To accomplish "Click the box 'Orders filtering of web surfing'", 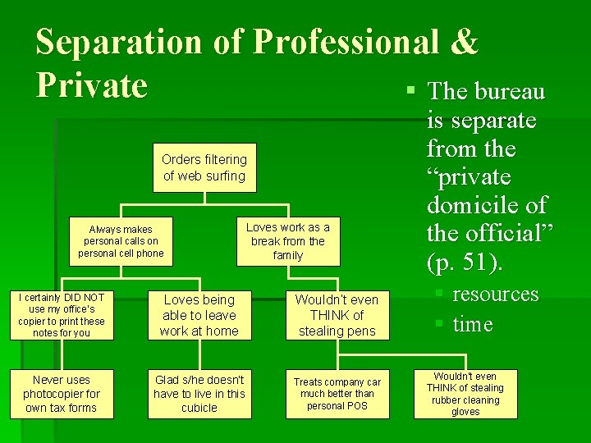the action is pos(204,168).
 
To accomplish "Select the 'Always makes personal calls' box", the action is pos(121,241).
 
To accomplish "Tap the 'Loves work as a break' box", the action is pos(288,241).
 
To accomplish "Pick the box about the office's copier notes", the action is pos(61,315).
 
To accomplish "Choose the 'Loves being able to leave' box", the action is pos(199,315).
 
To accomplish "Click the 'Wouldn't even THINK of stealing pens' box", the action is pos(337,315).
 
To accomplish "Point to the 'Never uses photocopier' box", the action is pos(61,394).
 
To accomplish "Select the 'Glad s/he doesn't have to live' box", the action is pos(199,394).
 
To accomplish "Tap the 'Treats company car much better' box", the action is pos(337,394).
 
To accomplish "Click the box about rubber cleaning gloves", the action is pos(465,394).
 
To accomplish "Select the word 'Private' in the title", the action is pos(92,84).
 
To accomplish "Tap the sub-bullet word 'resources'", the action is pos(496,294).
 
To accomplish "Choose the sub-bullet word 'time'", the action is pos(473,324).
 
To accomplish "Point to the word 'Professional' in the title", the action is pos(346,43).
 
